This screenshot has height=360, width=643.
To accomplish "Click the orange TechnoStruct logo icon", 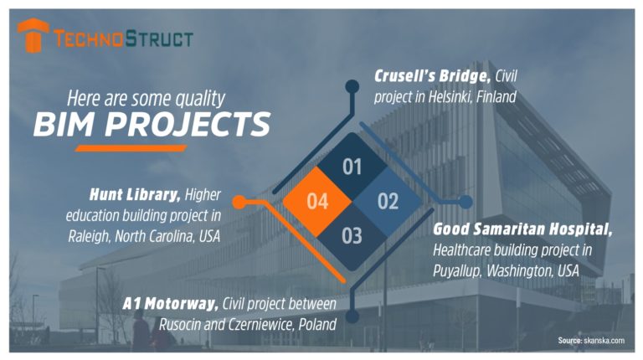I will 33,35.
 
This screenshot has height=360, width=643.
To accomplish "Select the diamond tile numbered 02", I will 388,202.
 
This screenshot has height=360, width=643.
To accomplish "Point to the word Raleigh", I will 89,236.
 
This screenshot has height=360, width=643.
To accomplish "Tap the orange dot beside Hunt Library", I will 239,202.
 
